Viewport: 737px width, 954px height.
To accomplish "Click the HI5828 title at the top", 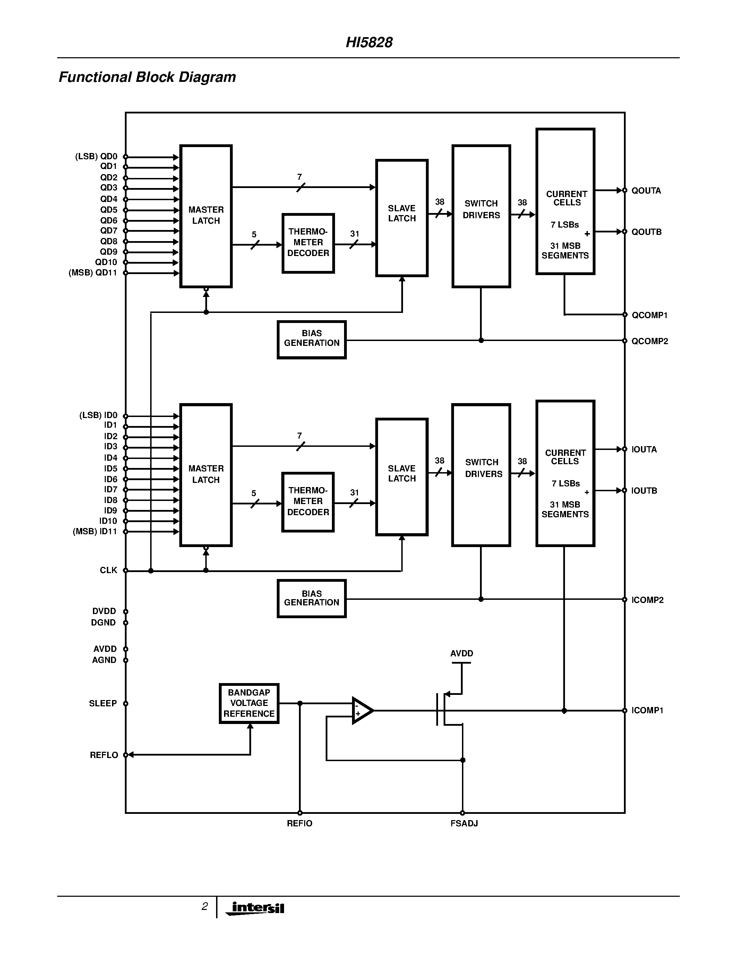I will [369, 42].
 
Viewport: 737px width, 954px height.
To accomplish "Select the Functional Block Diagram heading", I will [147, 77].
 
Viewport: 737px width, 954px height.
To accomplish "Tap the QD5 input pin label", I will [109, 210].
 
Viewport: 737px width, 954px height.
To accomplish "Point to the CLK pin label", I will [108, 570].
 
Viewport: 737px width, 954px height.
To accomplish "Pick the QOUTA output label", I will [646, 190].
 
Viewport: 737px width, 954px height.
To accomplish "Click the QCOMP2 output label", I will [650, 341].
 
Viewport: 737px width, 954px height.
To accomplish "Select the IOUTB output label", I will [644, 491].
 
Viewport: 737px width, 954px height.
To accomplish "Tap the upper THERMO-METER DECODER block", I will [308, 243].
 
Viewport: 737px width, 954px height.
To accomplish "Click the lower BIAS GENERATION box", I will [312, 598].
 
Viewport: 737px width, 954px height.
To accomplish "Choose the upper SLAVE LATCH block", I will [402, 218].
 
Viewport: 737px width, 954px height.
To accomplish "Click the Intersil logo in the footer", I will [258, 908].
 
